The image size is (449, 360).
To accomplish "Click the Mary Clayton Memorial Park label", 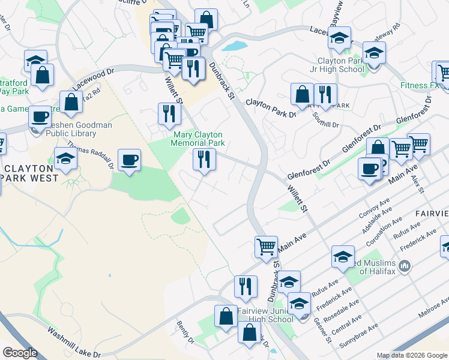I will tap(197, 139).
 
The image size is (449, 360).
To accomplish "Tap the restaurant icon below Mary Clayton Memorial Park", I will tap(204, 159).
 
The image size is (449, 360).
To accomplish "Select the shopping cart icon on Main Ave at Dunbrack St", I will tap(265, 246).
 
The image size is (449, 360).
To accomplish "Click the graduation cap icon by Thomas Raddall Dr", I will tap(65, 158).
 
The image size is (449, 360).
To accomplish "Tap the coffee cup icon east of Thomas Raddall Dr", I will tap(129, 160).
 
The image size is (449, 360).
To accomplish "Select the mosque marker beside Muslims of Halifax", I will tap(405, 265).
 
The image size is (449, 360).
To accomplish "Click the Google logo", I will tap(20, 353).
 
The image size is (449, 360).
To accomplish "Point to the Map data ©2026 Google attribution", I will tap(411, 355).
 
